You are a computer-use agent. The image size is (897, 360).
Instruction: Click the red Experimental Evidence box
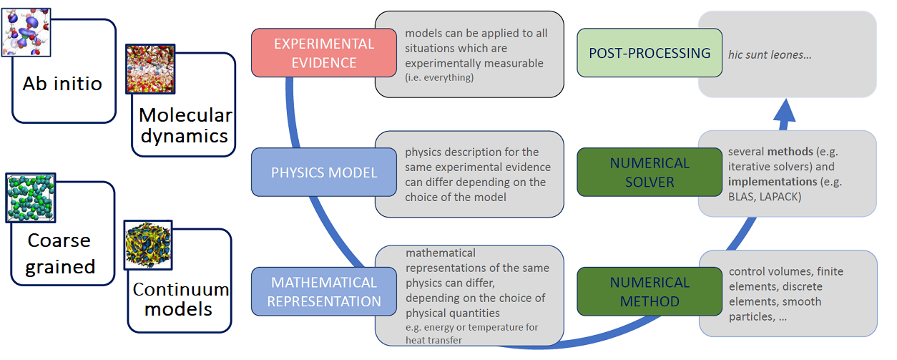pos(323,52)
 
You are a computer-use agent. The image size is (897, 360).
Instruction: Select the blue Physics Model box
pos(323,172)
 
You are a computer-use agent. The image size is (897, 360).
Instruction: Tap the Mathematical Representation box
pos(323,291)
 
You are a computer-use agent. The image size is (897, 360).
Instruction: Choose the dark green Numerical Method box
pos(649,291)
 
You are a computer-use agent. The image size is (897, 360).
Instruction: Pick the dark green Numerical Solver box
pos(649,172)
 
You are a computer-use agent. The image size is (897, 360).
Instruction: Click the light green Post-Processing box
pos(649,53)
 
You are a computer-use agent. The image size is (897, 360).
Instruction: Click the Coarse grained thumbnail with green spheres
pos(31,198)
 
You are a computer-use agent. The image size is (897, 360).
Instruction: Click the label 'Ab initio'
pos(62,83)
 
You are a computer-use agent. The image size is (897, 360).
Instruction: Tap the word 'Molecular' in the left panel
pos(185,115)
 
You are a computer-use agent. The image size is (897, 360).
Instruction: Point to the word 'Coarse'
pos(59,240)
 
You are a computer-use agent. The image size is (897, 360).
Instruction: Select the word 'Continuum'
pos(181,289)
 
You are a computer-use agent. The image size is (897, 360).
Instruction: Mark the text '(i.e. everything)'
pos(439,77)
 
